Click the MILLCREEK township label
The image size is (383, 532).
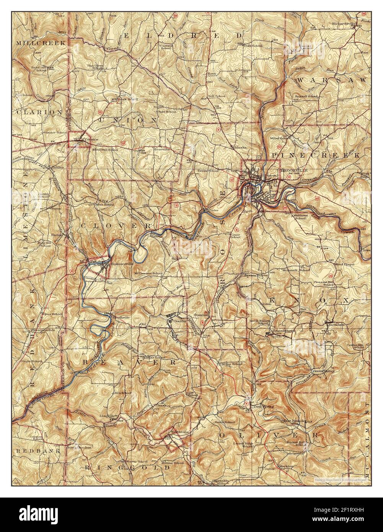[x=41, y=43]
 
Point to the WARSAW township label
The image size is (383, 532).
[x=332, y=80]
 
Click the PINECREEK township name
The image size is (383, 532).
[x=316, y=155]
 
